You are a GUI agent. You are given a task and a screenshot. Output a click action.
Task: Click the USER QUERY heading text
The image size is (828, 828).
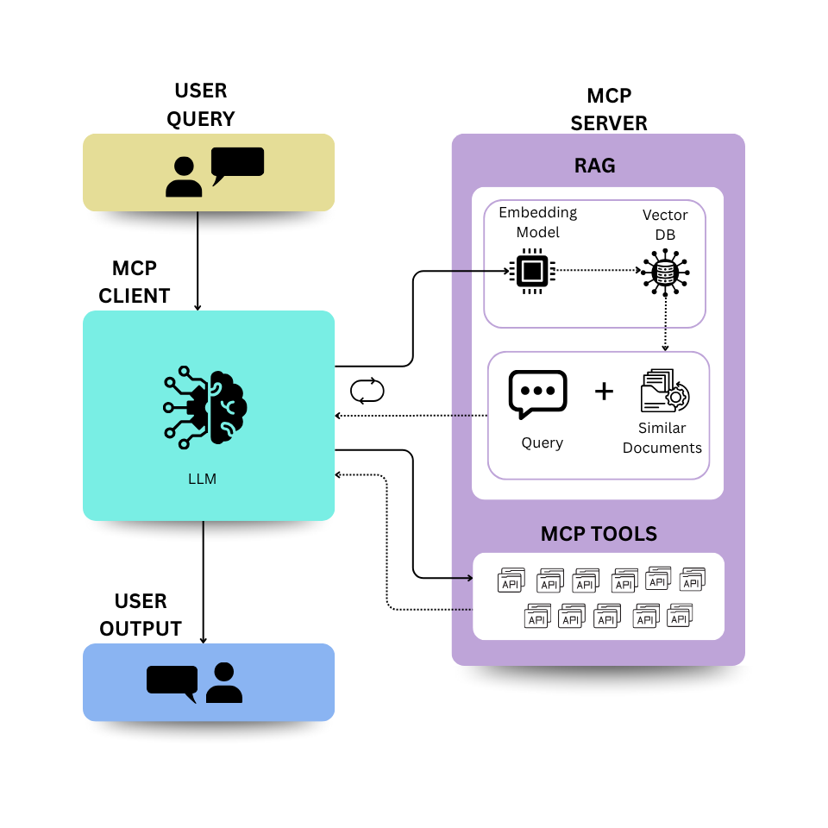click(200, 104)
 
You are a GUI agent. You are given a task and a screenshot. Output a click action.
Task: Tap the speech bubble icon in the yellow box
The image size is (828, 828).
click(236, 165)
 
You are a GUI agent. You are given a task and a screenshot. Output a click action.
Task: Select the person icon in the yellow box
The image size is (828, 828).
click(184, 177)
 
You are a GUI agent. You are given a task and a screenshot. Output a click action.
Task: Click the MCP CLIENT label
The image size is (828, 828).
click(135, 282)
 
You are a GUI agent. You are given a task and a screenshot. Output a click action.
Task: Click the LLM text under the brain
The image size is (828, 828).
click(202, 479)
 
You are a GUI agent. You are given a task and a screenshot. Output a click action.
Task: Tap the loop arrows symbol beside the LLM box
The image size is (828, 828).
click(367, 392)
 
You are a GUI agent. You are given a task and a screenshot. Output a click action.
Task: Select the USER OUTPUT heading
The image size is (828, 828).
click(141, 615)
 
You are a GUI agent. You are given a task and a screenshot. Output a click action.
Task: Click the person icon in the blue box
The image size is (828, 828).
click(224, 682)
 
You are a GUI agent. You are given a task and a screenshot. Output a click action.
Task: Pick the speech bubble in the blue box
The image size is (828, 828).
click(172, 681)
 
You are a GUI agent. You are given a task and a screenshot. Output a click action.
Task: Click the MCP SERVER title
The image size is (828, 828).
click(609, 110)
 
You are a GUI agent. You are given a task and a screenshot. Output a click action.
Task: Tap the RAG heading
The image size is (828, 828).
click(595, 166)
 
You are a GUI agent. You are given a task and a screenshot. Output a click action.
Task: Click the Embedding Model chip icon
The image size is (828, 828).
click(533, 271)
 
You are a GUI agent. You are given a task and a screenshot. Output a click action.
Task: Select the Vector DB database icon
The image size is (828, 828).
click(664, 272)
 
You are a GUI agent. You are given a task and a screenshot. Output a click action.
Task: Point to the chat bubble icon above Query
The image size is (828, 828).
click(538, 393)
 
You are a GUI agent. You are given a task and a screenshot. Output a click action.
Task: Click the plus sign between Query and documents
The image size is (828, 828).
click(605, 392)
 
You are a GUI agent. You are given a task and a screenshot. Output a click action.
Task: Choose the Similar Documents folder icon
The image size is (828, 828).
click(664, 392)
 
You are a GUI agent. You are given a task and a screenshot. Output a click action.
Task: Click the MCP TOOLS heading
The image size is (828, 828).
click(599, 534)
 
